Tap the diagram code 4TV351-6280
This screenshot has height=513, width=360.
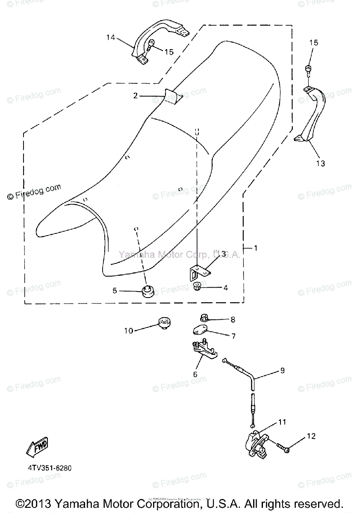(50, 468)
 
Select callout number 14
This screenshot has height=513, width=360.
(111, 38)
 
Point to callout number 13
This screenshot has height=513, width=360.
(320, 163)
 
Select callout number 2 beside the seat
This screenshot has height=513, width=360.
(136, 96)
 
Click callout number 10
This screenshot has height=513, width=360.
(129, 330)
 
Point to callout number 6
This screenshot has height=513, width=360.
(195, 374)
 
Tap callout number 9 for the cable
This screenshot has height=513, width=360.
(282, 371)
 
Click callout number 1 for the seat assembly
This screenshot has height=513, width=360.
(256, 248)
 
